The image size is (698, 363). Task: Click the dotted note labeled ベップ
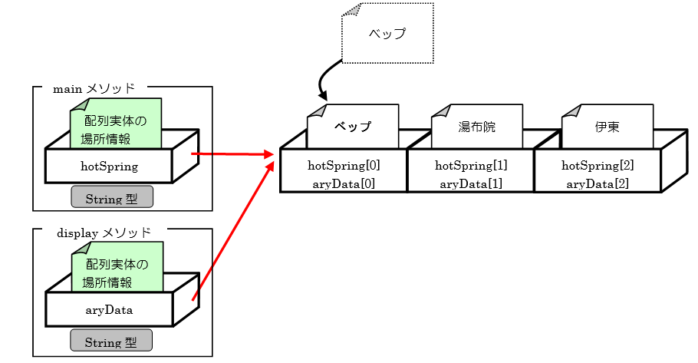tap(387, 34)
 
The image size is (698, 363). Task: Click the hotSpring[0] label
tap(344, 165)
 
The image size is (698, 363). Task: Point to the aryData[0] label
tap(344, 183)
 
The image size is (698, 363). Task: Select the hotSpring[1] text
tap(471, 165)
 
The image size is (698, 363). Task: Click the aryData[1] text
tap(471, 183)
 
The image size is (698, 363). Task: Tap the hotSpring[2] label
tap(598, 165)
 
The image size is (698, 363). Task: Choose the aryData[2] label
tap(598, 183)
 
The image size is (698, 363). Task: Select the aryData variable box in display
tap(109, 310)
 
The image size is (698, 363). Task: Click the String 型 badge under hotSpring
tap(112, 198)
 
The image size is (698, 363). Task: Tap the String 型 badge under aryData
tap(110, 342)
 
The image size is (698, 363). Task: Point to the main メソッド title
tap(94, 89)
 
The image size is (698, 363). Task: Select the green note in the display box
tap(117, 268)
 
